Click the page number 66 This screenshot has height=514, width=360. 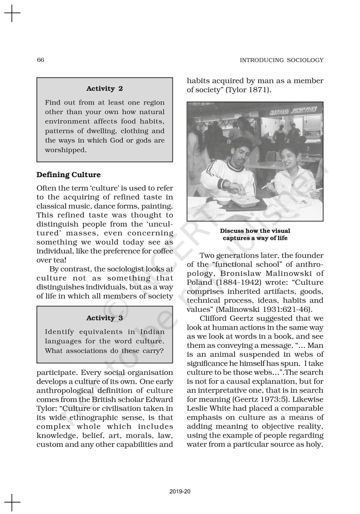click(40, 60)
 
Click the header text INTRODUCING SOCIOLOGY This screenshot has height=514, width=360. click(281, 60)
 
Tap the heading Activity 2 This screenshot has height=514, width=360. click(105, 88)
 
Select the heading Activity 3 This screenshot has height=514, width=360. click(105, 318)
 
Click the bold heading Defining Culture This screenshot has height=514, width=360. click(69, 175)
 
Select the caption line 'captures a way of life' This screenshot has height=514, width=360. click(255, 238)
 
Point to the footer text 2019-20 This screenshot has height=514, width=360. click(180, 491)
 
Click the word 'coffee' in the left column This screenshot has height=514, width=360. click(163, 251)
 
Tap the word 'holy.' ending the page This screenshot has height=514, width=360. click(315, 444)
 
